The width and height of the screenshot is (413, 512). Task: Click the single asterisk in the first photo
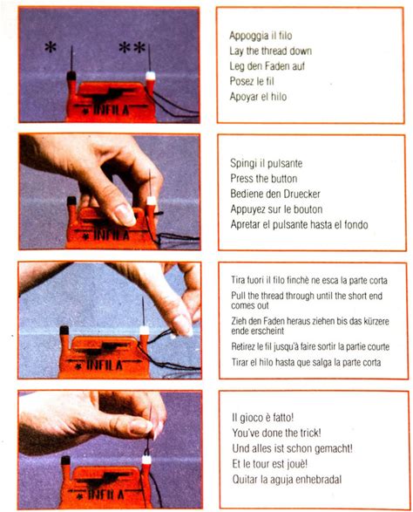coord(51,48)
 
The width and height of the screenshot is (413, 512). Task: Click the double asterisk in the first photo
coord(132,48)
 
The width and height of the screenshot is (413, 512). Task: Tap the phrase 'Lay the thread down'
coord(270,51)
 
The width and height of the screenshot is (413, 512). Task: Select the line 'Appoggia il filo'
coord(261,35)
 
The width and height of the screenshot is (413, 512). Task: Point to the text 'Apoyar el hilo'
coord(258,97)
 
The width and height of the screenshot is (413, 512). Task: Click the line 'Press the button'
coord(264,178)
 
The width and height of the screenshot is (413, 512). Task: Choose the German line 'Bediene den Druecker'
coord(275,194)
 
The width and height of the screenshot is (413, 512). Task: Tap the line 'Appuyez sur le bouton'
coord(276,209)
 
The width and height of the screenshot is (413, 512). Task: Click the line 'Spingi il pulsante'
coord(267,163)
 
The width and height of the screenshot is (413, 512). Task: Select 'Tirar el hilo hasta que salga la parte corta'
coord(306,362)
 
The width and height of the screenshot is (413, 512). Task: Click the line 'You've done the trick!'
coord(276,433)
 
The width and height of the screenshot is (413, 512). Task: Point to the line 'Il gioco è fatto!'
coord(263,417)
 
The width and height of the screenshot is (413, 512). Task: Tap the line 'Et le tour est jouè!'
coord(270,464)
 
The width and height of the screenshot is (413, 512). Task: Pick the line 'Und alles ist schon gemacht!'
coord(292,448)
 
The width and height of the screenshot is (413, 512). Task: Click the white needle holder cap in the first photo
coord(150,76)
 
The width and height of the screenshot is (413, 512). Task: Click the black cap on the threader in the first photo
coord(71,76)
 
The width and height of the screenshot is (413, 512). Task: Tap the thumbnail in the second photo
coord(125,215)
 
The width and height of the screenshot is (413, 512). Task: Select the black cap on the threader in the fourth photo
coord(65,461)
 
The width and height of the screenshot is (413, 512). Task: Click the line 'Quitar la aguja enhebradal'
coord(287,480)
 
